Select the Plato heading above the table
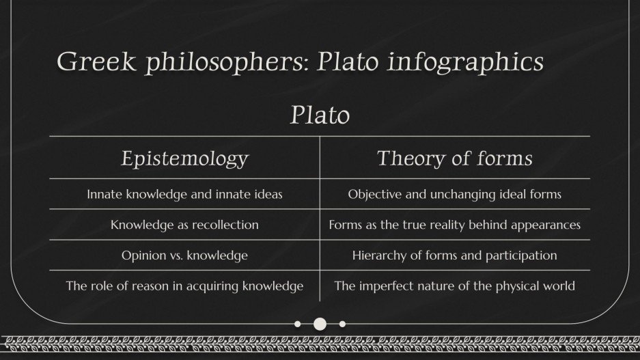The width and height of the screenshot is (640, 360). point(320,115)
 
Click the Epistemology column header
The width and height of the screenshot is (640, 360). point(184,158)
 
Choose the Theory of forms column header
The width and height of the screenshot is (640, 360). point(454,158)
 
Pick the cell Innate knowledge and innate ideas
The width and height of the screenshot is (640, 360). point(184,195)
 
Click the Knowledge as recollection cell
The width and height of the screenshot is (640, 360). point(184,225)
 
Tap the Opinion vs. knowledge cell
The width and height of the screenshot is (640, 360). point(184,255)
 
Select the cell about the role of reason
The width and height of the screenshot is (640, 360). point(184,286)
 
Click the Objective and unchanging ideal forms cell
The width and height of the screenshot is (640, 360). point(454,195)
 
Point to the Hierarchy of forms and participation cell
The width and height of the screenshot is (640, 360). point(454,255)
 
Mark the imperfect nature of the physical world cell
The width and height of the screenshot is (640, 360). point(454,286)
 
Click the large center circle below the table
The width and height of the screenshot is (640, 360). point(320,324)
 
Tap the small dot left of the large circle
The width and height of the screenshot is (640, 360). point(297,324)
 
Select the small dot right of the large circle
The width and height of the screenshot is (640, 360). point(342,324)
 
